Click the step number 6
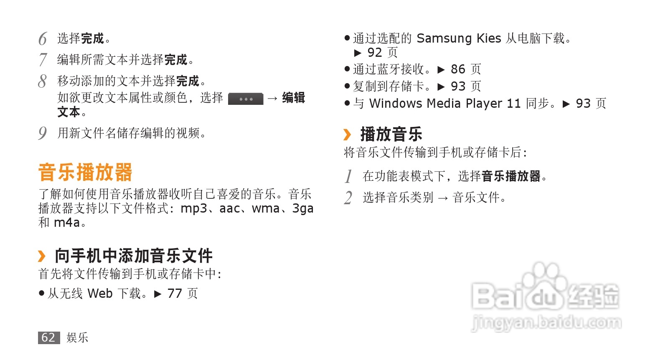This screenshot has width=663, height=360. coord(43,39)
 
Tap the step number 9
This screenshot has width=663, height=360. coord(42,133)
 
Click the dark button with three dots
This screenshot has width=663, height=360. coord(246,99)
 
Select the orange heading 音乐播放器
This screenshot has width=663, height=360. coord(85,172)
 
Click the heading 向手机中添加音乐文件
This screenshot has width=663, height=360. coord(134,256)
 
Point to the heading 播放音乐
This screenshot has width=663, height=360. coord(391,134)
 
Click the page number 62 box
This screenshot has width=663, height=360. coord(48,337)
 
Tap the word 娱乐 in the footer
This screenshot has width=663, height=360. coord(77,337)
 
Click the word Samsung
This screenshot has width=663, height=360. coord(444,38)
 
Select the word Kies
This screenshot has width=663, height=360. coord(489,38)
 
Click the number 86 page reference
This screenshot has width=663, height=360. coord(458,69)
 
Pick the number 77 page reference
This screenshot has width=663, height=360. coord(175,294)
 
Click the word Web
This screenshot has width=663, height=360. coord(100,294)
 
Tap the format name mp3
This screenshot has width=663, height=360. coord(193,208)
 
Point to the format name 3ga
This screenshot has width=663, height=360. coord(302,208)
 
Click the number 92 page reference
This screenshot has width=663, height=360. coord(375,53)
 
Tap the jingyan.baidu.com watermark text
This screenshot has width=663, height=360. coord(546,323)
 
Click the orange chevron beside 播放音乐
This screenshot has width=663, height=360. coord(347,134)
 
